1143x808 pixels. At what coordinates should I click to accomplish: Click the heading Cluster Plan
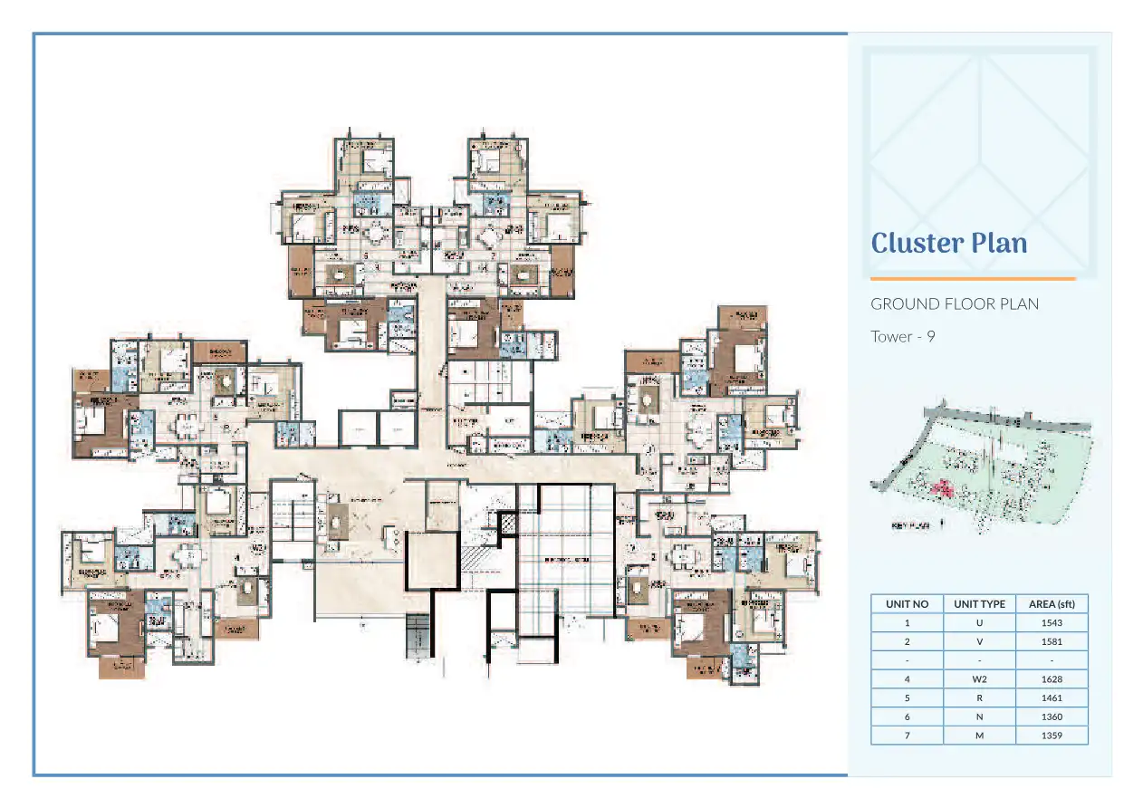(x=948, y=243)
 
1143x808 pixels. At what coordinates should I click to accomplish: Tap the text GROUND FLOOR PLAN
(x=955, y=304)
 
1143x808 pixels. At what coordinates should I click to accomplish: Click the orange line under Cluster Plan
(x=973, y=279)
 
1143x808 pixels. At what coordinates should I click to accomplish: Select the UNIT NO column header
(x=907, y=604)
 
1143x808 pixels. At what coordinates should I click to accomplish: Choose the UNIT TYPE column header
(x=979, y=604)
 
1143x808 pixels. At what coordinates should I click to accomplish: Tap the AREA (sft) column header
(x=1052, y=604)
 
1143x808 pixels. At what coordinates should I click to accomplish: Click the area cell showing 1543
(x=1052, y=623)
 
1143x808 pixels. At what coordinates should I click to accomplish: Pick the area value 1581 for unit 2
(x=1052, y=642)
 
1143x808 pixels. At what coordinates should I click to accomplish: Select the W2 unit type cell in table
(x=979, y=679)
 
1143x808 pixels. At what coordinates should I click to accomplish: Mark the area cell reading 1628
(x=1052, y=679)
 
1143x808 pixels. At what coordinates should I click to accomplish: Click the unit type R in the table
(x=979, y=698)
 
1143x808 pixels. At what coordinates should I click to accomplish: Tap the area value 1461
(x=1052, y=698)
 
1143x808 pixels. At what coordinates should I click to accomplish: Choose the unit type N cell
(x=979, y=717)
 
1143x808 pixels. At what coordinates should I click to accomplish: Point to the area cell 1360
(x=1052, y=717)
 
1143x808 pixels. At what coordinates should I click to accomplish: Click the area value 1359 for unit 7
(x=1052, y=736)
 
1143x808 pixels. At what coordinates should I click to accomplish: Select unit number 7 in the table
(x=907, y=736)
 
